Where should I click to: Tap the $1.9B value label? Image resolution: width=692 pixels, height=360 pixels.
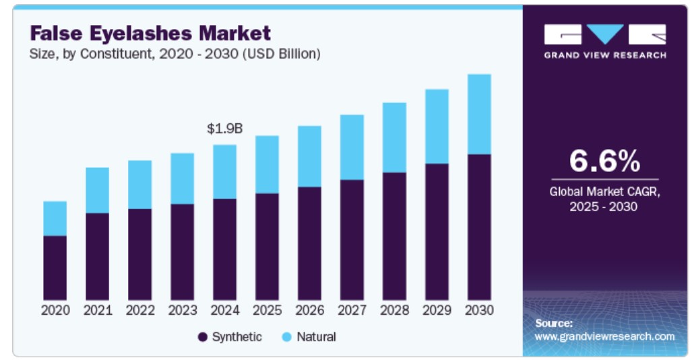(x=224, y=128)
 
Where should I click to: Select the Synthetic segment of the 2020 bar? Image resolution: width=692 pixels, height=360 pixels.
(x=55, y=268)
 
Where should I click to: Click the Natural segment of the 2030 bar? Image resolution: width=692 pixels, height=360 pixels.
(x=479, y=114)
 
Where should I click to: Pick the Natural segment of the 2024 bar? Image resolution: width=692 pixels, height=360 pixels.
(x=224, y=171)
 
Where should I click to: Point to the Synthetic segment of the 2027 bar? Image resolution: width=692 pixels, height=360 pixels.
(x=352, y=239)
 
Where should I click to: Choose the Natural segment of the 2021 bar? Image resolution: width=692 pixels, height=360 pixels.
(x=97, y=190)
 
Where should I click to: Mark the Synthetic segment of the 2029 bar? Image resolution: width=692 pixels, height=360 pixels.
(x=437, y=231)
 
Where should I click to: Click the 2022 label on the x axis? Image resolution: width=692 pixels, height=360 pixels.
(x=139, y=311)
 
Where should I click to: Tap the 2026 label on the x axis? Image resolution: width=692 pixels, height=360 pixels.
(x=309, y=311)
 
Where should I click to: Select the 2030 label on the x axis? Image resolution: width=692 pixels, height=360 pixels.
(x=479, y=311)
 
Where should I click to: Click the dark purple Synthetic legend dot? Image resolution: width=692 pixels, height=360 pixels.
(x=201, y=337)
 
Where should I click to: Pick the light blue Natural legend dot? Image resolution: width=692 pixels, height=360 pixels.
(x=286, y=337)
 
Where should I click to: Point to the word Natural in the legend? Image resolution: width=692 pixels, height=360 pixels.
(x=316, y=337)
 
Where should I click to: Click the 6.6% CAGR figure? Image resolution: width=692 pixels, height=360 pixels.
(x=604, y=162)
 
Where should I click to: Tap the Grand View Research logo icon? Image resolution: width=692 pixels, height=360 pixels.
(x=604, y=34)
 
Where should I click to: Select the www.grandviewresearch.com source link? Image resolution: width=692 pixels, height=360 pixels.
(x=604, y=336)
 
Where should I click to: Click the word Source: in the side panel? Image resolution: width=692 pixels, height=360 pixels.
(x=554, y=323)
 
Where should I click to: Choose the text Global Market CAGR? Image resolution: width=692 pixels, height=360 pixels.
(x=604, y=191)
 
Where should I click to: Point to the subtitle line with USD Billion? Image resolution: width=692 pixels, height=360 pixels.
(x=174, y=54)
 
